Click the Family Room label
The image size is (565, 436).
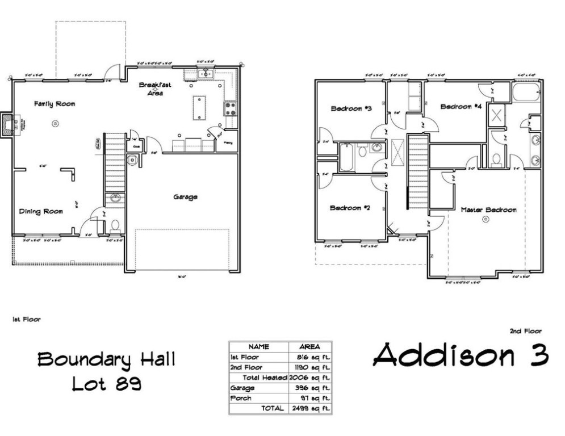click(54, 104)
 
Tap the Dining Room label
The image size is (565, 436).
click(40, 212)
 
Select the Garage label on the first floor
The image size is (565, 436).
click(185, 197)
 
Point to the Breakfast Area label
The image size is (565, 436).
click(155, 89)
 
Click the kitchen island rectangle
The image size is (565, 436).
click(199, 108)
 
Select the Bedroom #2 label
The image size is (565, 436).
click(350, 208)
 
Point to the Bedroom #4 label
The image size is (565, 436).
click(461, 106)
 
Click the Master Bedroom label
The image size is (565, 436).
click(488, 210)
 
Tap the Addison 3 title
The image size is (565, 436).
click(461, 355)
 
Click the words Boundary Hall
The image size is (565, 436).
click(106, 359)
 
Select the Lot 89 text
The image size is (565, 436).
click(106, 384)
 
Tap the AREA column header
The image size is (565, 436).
click(309, 346)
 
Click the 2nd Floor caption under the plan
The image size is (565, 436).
click(526, 331)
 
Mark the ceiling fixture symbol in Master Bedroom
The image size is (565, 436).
click(485, 219)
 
